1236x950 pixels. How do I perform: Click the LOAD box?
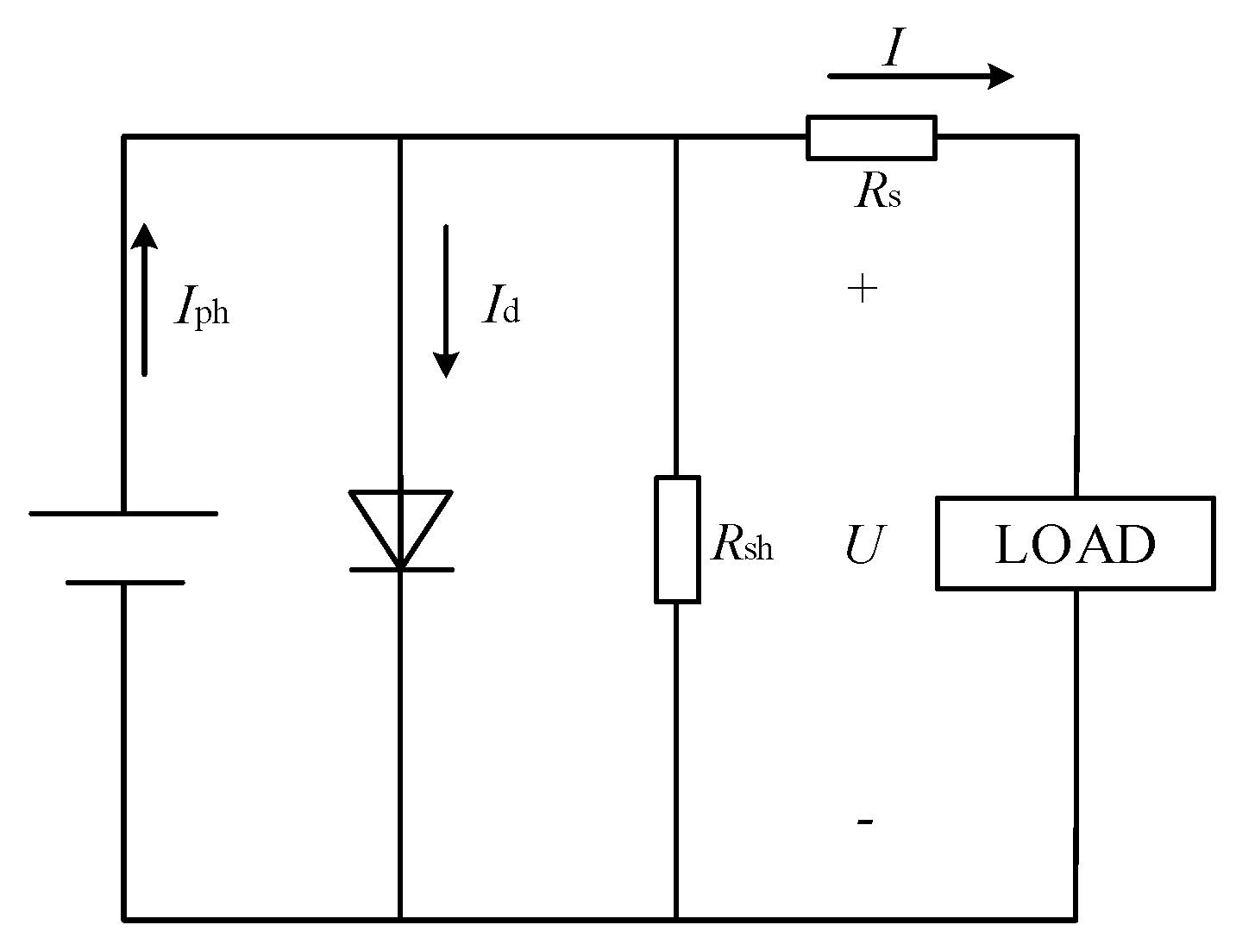point(1075,543)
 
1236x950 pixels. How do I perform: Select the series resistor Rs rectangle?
point(871,138)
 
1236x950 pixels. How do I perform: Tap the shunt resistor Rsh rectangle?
point(677,539)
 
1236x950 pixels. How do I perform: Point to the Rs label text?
point(877,193)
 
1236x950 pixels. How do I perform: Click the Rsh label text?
point(742,544)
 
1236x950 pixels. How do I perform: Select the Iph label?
point(202,308)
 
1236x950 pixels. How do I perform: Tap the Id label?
point(501,308)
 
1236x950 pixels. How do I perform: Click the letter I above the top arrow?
point(893,50)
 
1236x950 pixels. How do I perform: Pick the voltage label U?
point(863,546)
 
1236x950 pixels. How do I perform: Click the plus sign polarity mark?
point(863,289)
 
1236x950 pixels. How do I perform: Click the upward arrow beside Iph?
point(144,297)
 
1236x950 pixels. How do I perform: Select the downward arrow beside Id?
point(445,302)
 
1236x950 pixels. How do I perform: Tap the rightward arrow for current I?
point(920,77)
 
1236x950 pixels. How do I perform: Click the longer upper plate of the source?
point(123,514)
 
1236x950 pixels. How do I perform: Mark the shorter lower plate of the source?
point(124,583)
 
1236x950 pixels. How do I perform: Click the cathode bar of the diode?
point(401,570)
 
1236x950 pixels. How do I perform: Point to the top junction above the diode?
point(400,136)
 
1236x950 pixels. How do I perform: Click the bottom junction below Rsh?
point(676,920)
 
